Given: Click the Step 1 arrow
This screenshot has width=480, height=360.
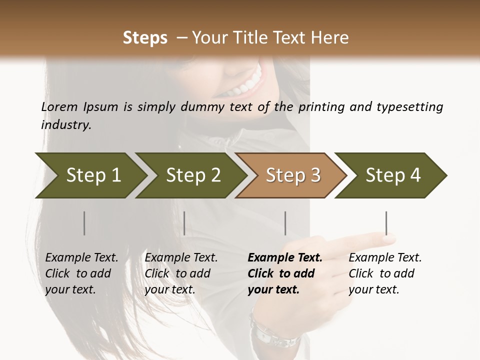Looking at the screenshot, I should click(x=90, y=175).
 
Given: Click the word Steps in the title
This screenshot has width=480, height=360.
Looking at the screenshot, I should click(x=145, y=38).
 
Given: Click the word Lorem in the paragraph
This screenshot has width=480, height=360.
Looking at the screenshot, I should click(x=58, y=106).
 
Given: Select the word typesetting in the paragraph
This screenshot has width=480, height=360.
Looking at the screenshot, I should click(x=409, y=106).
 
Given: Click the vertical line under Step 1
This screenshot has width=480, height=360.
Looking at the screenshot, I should click(x=84, y=223).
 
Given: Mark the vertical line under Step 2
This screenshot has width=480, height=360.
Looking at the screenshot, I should click(x=184, y=223).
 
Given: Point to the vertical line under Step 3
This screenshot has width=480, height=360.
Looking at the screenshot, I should click(x=285, y=223).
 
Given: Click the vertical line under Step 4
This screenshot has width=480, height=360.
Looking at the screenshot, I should click(x=386, y=223).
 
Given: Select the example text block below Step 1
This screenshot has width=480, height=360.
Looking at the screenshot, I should click(x=81, y=273).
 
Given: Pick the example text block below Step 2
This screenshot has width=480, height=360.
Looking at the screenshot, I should click(x=180, y=273).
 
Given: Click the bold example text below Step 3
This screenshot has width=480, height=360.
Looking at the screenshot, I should click(x=284, y=273).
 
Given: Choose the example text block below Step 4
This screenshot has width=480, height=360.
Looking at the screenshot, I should click(x=384, y=273).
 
